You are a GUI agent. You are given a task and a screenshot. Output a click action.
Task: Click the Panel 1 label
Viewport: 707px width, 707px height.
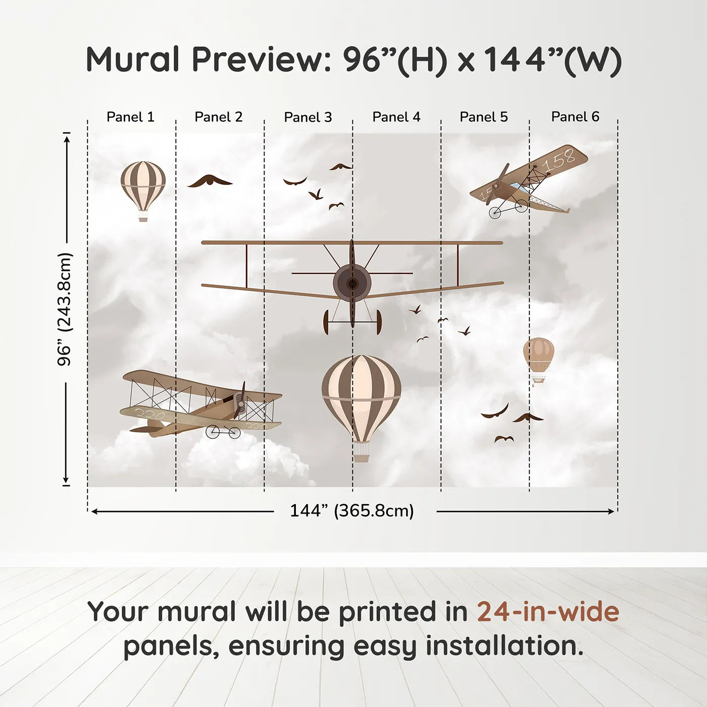tap(130, 117)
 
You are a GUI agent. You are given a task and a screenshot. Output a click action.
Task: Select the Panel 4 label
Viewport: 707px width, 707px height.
tap(396, 117)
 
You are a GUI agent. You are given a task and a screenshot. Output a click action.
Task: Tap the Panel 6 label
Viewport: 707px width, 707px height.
tap(575, 117)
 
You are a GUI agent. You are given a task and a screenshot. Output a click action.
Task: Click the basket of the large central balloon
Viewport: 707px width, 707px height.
tap(362, 458)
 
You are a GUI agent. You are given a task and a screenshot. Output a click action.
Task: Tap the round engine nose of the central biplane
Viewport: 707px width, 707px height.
tap(352, 282)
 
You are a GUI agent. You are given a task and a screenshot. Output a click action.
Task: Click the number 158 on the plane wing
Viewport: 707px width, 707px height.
tap(559, 160)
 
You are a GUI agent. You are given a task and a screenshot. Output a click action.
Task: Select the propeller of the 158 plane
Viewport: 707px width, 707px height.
tap(499, 183)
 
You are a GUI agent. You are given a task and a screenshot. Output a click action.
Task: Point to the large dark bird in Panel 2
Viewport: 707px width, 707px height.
tap(210, 181)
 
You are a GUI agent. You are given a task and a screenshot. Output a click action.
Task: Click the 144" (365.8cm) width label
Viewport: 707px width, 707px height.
tap(352, 511)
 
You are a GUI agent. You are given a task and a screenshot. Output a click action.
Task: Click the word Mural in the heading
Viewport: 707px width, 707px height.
tap(133, 59)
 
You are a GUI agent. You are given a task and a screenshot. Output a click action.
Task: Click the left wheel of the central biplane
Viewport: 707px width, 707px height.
tap(326, 322)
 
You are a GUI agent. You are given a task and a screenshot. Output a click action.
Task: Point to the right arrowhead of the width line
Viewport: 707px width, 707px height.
tap(611, 511)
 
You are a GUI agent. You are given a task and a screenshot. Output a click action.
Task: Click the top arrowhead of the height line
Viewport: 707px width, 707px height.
tap(66, 139)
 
